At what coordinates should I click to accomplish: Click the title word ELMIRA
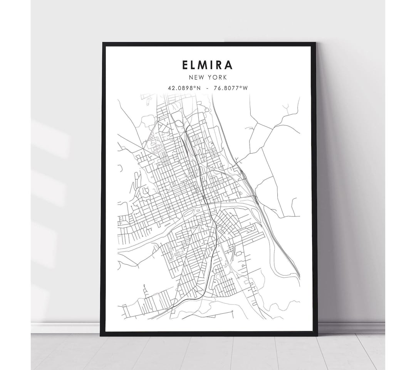click(x=208, y=64)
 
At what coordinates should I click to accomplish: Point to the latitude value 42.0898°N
click(x=185, y=88)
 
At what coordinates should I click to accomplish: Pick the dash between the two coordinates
click(x=208, y=88)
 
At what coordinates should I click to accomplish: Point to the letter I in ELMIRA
click(x=213, y=64)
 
